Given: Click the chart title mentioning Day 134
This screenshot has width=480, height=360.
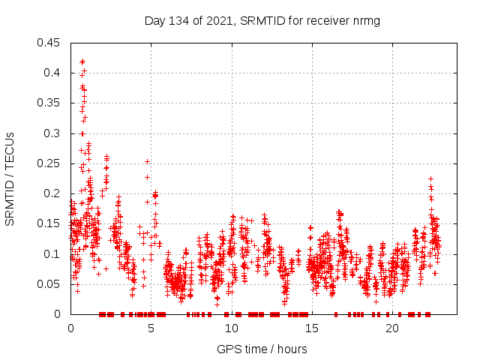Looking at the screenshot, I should click(262, 21).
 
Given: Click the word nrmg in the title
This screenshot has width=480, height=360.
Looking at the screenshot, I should click(366, 21).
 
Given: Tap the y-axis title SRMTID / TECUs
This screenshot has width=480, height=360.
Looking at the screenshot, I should click(10, 178).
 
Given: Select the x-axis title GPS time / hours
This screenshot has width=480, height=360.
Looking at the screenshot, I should click(262, 349).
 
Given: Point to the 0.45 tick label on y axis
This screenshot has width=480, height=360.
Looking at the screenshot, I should click(50, 43).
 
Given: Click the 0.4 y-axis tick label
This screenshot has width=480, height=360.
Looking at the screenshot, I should click(53, 73).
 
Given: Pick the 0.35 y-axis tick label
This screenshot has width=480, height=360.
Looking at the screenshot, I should click(50, 103).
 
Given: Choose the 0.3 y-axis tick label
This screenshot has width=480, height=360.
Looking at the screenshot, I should click(53, 133).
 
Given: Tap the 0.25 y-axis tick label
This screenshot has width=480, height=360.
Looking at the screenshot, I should click(50, 163).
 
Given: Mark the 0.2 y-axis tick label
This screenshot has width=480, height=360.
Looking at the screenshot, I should click(53, 193).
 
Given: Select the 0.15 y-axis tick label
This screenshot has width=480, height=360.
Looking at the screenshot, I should click(50, 223).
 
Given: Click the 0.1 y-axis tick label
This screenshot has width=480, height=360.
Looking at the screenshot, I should click(53, 254).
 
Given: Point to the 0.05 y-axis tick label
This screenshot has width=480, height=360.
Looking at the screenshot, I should click(50, 284).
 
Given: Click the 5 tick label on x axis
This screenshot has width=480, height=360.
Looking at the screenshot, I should click(151, 328).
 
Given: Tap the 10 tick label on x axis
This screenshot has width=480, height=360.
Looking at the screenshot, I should click(231, 328).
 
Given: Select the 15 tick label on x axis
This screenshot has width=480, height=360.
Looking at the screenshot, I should click(312, 328).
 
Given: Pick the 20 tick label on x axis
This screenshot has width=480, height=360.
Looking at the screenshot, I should click(392, 328).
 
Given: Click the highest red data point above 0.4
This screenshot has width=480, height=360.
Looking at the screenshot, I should click(82, 61).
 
